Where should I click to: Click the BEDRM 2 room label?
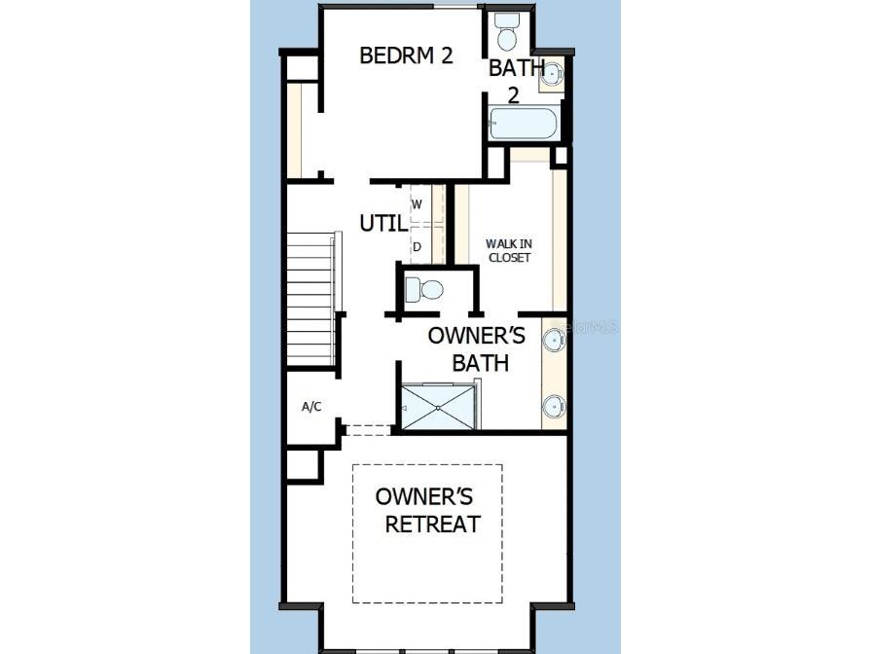click(x=406, y=55)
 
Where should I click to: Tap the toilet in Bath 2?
click(x=507, y=33)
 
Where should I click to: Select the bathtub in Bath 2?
click(x=524, y=124)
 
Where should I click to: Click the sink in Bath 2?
click(x=552, y=73)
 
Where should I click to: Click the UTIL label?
click(x=382, y=223)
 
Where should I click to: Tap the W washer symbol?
click(x=417, y=204)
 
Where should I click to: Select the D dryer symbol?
click(x=417, y=246)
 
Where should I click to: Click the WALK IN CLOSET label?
click(x=508, y=250)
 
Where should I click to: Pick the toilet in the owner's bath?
click(x=424, y=289)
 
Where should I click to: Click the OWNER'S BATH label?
click(x=479, y=349)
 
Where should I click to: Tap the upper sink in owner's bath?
click(x=554, y=340)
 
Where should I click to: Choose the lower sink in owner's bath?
click(x=554, y=406)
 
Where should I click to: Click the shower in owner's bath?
click(x=440, y=405)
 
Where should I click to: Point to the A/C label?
click(x=311, y=407)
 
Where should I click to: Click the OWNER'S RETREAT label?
click(x=426, y=510)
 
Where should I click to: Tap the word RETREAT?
click(x=432, y=525)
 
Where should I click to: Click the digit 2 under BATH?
click(x=514, y=95)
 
